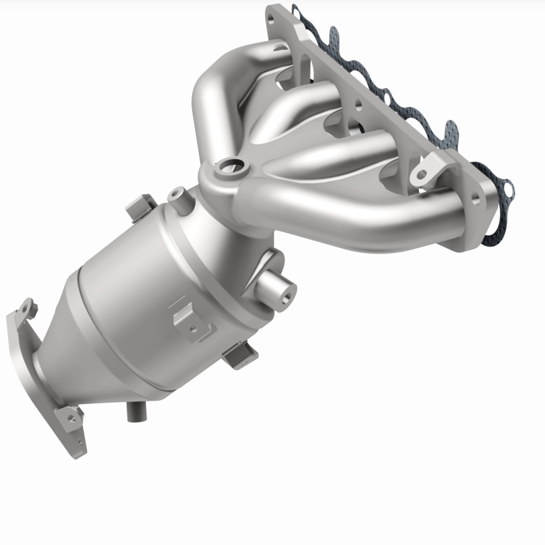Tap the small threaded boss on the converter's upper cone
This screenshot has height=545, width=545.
(179, 196)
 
